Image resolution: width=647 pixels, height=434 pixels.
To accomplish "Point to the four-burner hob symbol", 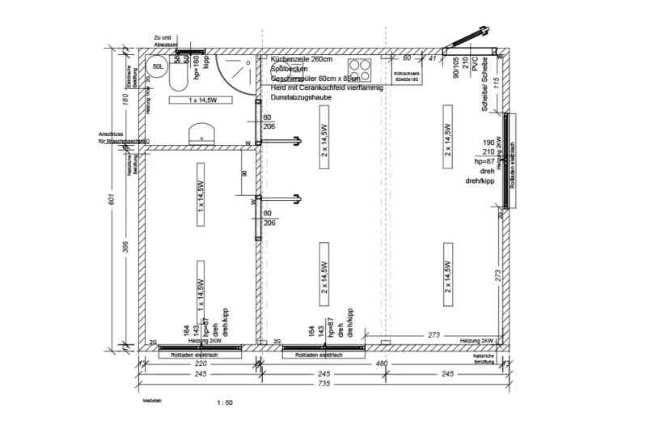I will (x=360, y=69).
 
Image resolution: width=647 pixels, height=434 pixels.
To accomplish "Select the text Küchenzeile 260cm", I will (x=305, y=60).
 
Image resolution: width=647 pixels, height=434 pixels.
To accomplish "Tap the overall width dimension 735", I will (x=323, y=383).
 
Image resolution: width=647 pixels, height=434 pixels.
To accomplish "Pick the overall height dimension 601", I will (x=115, y=199).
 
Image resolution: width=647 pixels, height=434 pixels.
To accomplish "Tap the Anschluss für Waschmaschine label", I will (x=121, y=138).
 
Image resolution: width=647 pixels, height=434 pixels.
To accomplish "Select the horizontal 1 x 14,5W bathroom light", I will (x=200, y=100).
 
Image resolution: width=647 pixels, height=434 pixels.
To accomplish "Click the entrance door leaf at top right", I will (x=470, y=37).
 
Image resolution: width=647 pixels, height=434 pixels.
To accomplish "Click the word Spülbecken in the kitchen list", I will (x=290, y=70).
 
